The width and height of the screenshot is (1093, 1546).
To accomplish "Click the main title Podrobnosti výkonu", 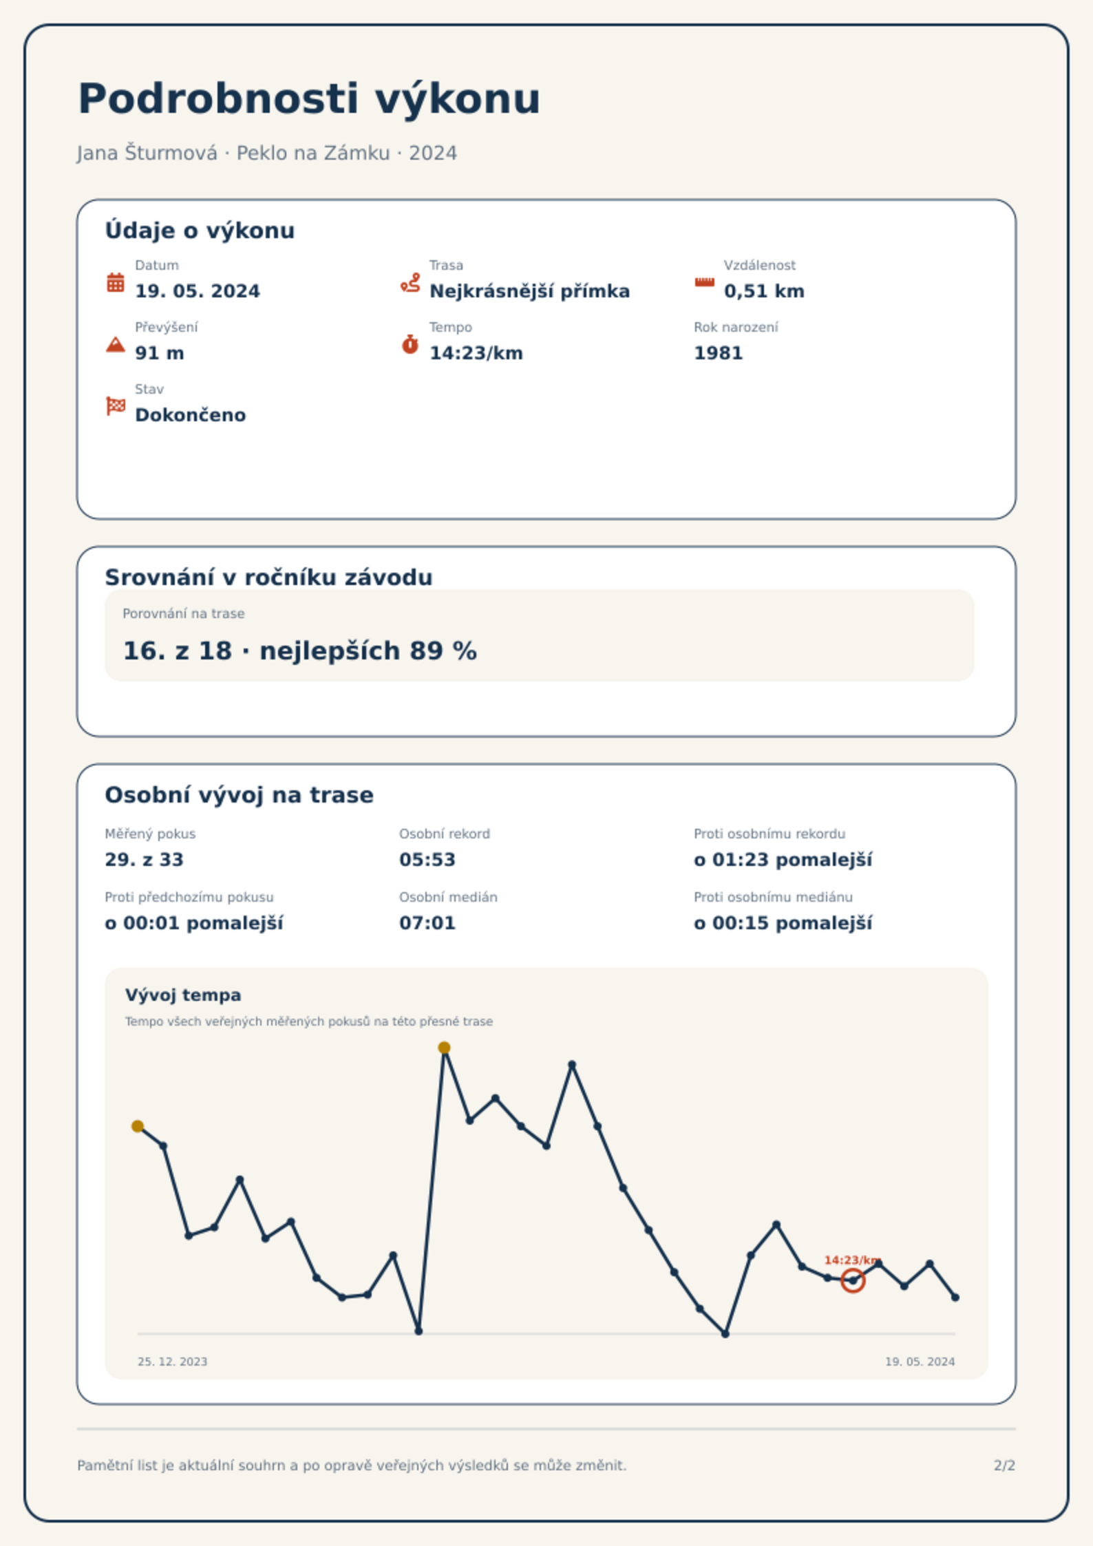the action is tap(309, 99).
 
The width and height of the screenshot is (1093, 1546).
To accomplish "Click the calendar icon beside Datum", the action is tap(116, 282).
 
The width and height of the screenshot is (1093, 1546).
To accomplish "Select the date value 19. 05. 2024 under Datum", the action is tap(198, 291).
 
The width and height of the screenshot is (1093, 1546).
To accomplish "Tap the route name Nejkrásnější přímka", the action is tap(529, 291).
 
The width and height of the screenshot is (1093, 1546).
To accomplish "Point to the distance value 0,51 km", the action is tap(764, 291).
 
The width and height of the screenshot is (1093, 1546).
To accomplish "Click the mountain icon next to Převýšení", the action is tap(116, 344).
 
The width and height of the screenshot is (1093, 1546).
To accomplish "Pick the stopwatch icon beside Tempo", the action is tap(410, 344).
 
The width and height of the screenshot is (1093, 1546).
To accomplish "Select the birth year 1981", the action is tap(718, 353).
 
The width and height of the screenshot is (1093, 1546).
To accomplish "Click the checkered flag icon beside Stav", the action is tap(116, 406).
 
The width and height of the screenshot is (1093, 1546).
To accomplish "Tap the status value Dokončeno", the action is tap(190, 415).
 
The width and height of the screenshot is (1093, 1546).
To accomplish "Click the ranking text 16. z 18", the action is tap(177, 650).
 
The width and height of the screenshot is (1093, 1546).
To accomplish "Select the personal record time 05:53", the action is tap(427, 860).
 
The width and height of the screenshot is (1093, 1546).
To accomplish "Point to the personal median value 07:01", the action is tap(427, 923).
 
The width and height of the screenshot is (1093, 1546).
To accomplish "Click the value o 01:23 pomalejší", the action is tap(783, 860).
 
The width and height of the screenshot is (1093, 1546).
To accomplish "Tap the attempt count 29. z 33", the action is tap(144, 860).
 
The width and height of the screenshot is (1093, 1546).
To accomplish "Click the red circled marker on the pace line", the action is tap(853, 1280).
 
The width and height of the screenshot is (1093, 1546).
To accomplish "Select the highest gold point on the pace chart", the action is tap(444, 1048).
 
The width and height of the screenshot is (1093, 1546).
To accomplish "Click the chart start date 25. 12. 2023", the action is tap(172, 1362).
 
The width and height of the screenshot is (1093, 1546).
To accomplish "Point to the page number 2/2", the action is tap(1004, 1465).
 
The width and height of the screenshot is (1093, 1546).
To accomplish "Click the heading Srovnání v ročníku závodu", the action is tap(268, 577).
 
